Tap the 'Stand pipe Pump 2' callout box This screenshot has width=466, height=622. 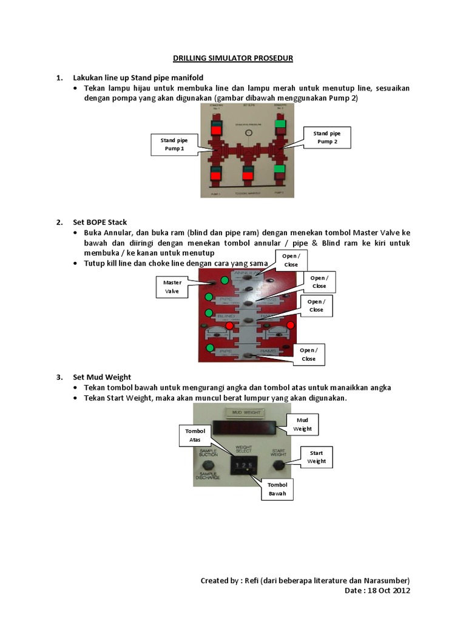pyautogui.click(x=326, y=137)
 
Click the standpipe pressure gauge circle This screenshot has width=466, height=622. pyautogui.click(x=247, y=132)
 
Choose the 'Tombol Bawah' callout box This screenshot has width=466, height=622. pyautogui.click(x=277, y=489)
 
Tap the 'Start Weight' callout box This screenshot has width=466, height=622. pyautogui.click(x=316, y=457)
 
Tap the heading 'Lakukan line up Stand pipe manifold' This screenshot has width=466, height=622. pyautogui.click(x=138, y=78)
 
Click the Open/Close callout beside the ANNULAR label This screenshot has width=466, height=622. pyautogui.click(x=291, y=260)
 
